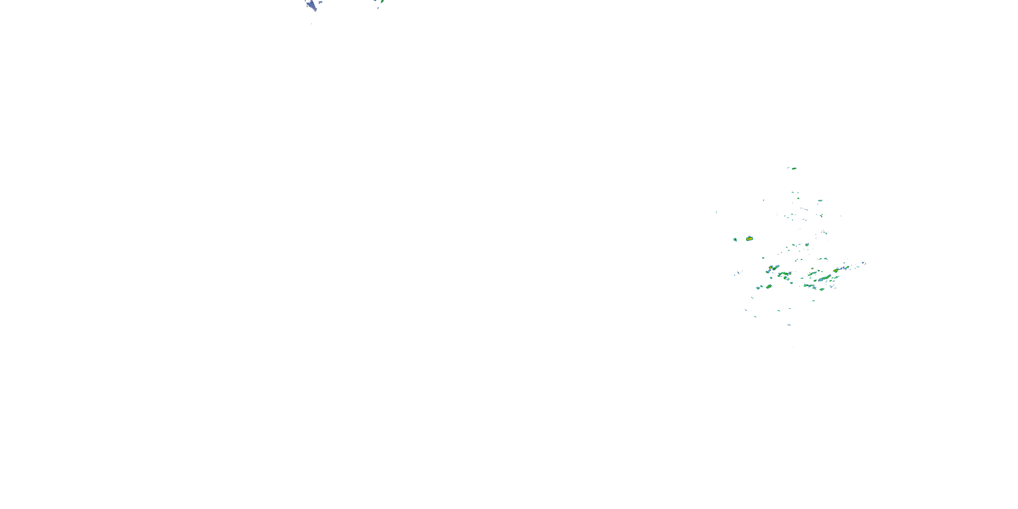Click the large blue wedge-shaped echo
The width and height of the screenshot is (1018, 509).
(312, 5)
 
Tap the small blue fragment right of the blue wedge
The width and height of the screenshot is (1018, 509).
(320, 2)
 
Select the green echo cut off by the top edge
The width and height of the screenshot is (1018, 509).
(381, 1)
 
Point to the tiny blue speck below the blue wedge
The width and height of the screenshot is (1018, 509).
(312, 24)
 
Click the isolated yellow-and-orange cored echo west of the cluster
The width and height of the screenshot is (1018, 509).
(749, 239)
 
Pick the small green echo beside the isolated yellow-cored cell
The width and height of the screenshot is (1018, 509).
(735, 240)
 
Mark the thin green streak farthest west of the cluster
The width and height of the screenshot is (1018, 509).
(716, 212)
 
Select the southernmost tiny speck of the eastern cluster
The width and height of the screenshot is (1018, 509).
(793, 347)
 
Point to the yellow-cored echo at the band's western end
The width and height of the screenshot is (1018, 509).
(771, 268)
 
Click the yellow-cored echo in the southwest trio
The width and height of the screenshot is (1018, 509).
(769, 286)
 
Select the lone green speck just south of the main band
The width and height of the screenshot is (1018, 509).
(814, 301)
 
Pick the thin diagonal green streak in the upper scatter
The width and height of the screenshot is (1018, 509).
(804, 209)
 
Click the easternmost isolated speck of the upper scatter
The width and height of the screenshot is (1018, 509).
(841, 216)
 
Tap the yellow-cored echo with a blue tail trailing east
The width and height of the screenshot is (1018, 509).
(838, 270)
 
